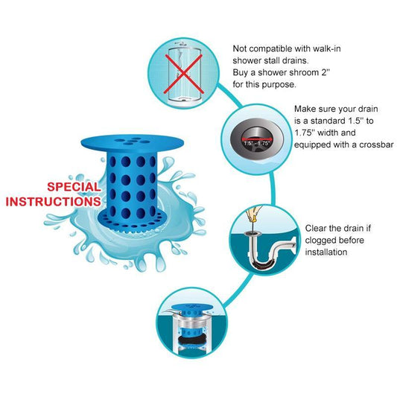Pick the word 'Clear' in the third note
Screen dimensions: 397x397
click(x=318, y=228)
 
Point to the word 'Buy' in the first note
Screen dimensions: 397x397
click(x=243, y=73)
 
